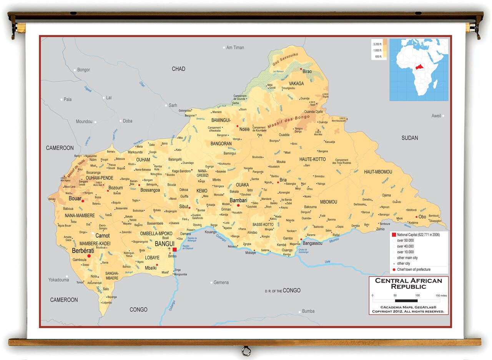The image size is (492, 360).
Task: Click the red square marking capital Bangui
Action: click(175, 250)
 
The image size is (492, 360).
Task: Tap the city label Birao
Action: click(307, 72)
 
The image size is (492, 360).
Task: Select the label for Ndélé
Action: click(244, 129)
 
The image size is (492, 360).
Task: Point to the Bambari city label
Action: click(238, 200)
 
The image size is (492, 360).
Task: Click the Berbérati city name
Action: click(83, 250)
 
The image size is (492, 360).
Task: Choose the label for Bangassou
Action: click(312, 243)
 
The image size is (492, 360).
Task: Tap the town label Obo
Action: click(422, 217)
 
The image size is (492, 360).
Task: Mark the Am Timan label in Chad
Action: click(235, 48)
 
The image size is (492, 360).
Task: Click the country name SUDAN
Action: click(409, 138)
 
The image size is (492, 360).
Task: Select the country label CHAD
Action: click(178, 69)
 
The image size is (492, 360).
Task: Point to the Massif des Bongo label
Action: click(288, 122)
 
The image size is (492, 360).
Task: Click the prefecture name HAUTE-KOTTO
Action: click(312, 159)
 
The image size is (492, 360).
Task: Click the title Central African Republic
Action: click(409, 283)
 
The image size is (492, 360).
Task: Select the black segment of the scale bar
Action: click(406, 300)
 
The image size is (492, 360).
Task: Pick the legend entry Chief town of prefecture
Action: click(414, 269)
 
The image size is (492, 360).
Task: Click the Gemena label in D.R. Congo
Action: click(221, 282)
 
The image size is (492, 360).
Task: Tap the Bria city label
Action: click(283, 180)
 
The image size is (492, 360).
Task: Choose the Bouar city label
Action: click(75, 198)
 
